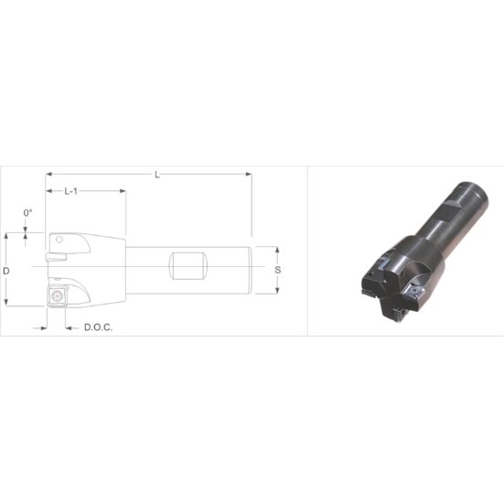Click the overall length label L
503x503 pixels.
(x=157, y=175)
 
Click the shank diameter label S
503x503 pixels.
(x=277, y=271)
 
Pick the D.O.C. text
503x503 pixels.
(x=98, y=327)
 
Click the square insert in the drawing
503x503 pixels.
(x=58, y=295)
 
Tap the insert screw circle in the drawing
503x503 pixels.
(x=58, y=295)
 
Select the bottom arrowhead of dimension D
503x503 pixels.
(x=6, y=305)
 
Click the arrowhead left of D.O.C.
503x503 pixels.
(x=43, y=327)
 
